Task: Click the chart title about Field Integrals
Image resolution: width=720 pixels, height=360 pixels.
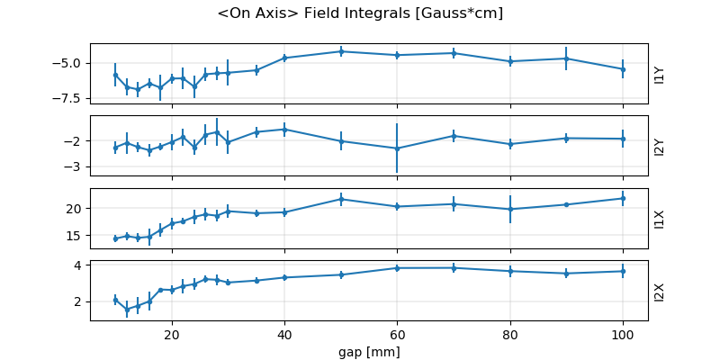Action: coord(360,13)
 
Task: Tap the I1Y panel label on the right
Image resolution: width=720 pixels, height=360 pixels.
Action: coord(660,74)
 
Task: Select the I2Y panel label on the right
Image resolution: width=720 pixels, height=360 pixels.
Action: coord(660,146)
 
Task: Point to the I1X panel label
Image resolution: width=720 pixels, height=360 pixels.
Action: coord(660,219)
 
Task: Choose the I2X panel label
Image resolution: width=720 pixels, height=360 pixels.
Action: coord(660,291)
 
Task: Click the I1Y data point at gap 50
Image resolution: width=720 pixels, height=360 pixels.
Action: coord(341,51)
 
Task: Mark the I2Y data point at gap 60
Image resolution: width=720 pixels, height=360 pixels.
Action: coord(397,148)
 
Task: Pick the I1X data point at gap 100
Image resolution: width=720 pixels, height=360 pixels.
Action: coord(623,198)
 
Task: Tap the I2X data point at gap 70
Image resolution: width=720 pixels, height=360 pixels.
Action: coord(454,267)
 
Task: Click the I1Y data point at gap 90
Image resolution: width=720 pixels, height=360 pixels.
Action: coord(566,58)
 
